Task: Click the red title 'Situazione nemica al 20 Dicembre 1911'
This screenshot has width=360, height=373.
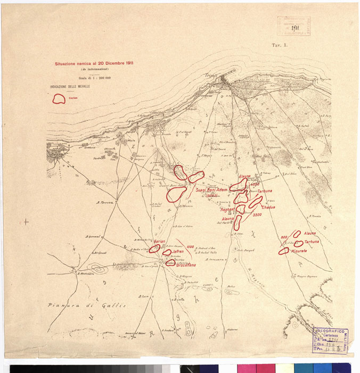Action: coord(94,63)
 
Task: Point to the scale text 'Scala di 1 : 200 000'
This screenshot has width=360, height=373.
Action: coord(93,78)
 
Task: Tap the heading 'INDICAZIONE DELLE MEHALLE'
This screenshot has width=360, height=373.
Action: coord(70,86)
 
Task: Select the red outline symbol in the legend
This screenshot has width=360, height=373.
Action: coord(59,98)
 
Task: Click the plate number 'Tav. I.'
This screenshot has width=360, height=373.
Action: coord(280,46)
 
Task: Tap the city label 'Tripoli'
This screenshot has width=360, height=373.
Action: coord(212,76)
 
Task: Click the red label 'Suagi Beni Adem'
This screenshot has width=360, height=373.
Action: coord(211,190)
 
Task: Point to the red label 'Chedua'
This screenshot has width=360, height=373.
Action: coord(268,207)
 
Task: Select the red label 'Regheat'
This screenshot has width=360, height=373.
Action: coord(227,210)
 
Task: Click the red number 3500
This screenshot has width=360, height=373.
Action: coord(257,214)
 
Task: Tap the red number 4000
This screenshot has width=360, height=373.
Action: coord(253,185)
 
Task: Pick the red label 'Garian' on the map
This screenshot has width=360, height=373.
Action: coord(161,242)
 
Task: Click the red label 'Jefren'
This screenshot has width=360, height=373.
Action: coord(177,251)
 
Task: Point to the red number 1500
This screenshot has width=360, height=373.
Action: coord(190,246)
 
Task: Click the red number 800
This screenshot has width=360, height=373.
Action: coord(284,236)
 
